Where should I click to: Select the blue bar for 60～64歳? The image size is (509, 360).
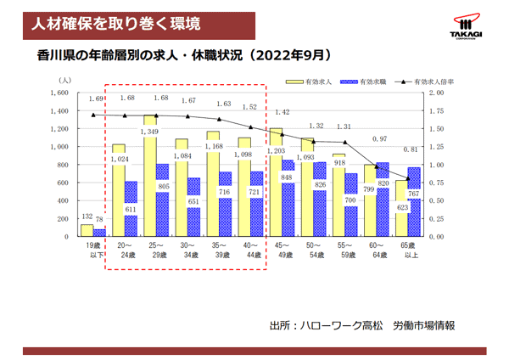(383, 200)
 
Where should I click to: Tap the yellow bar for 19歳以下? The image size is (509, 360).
(87, 229)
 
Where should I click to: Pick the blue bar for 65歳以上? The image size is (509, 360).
(414, 201)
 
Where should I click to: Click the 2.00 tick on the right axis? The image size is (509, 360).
(437, 92)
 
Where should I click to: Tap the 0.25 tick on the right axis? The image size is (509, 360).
(437, 218)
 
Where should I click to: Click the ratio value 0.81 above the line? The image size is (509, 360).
(411, 149)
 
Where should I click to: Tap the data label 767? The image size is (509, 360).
(414, 194)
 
